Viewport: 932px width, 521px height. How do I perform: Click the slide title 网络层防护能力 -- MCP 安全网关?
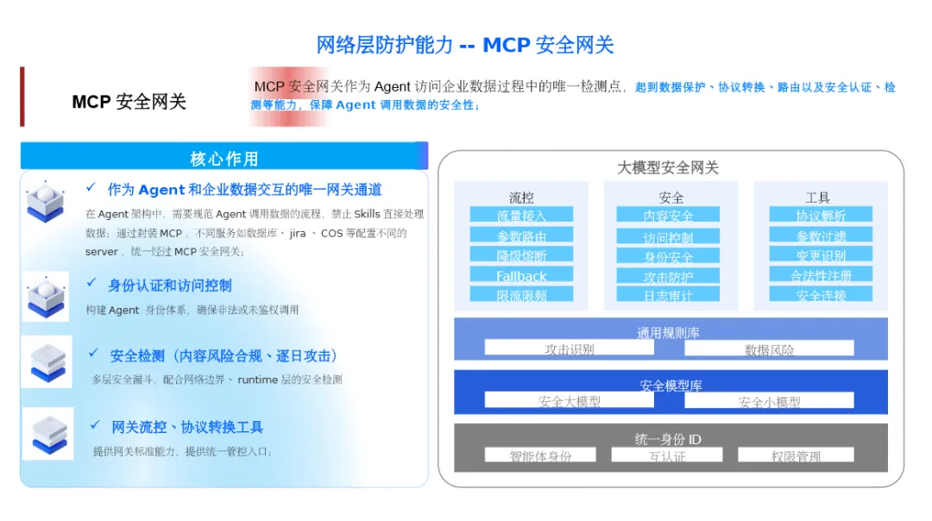465,45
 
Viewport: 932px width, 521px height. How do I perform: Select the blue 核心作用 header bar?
224,157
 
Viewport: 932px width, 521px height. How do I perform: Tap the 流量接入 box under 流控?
521,214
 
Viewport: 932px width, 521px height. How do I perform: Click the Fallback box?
521,275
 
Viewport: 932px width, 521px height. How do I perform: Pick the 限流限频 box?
521,294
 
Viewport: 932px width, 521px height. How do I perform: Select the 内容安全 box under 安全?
668,215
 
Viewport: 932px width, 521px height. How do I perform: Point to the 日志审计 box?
668,294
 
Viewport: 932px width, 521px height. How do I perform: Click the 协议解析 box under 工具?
820,215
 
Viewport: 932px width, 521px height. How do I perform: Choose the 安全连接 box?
820,294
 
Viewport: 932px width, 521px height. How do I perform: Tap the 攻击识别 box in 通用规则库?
569,348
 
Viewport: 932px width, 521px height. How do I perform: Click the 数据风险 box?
769,348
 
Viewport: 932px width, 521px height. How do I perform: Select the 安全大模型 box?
569,400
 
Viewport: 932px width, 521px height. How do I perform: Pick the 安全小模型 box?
769,400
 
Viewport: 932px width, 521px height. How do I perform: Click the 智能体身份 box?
540,455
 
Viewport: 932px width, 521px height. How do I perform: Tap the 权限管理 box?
796,455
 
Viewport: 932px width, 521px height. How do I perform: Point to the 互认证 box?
667,455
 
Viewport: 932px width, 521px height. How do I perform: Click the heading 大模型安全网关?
667,167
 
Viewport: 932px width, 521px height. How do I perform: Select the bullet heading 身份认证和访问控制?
169,286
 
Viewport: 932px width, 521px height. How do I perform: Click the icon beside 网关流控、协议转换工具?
47,434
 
